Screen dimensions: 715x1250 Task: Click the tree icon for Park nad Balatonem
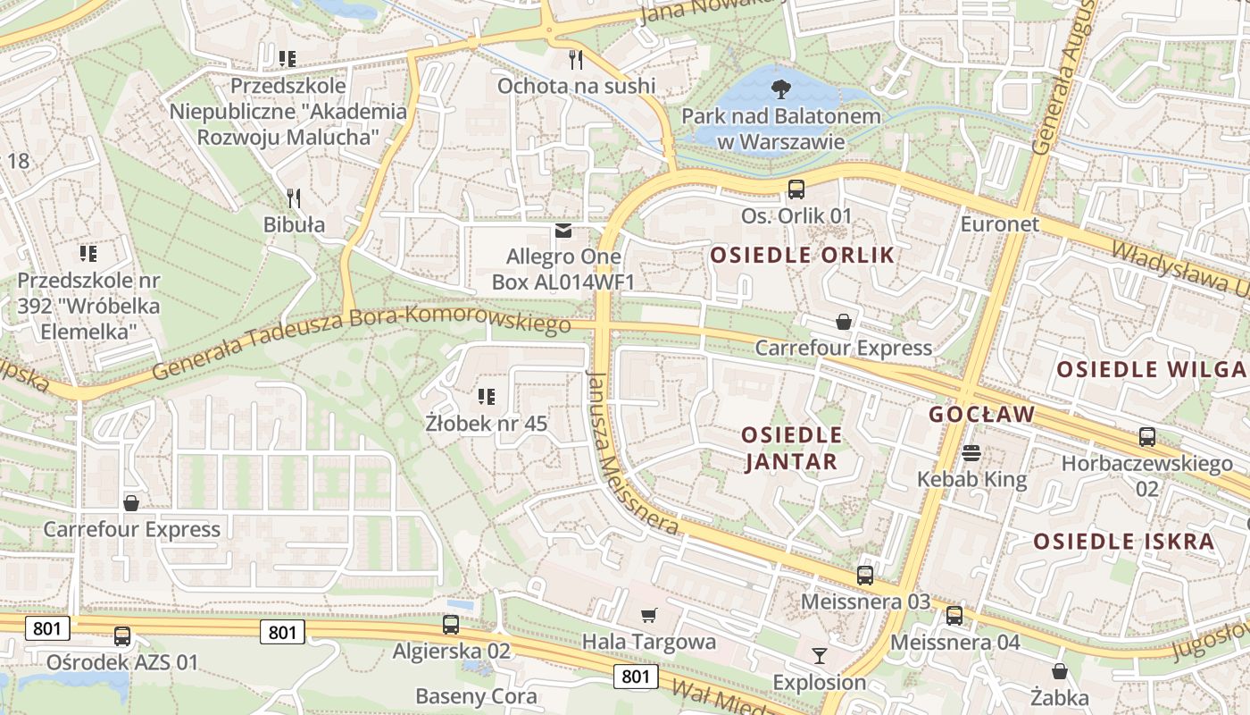coord(781,88)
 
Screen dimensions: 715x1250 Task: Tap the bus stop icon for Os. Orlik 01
coord(796,189)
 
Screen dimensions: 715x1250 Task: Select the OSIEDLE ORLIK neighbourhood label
coord(802,256)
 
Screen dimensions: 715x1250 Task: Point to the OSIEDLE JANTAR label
coord(791,449)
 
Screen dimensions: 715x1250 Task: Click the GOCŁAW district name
coord(981,415)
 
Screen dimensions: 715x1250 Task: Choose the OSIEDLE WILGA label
coord(1150,369)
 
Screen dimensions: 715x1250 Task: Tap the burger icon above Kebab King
coord(971,453)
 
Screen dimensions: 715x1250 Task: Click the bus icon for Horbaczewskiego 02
coord(1147,437)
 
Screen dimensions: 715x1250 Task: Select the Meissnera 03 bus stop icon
coord(864,575)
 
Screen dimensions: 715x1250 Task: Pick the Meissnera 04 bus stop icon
coord(954,615)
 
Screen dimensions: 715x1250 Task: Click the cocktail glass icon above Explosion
coord(819,656)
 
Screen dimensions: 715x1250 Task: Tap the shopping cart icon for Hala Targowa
coord(649,615)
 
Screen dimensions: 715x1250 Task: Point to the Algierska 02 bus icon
coord(451,624)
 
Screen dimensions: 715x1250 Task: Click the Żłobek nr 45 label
coord(487,423)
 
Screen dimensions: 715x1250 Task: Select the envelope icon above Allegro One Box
coord(562,231)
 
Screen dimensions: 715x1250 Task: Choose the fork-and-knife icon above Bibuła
coord(293,198)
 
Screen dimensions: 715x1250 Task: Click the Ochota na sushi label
coord(576,86)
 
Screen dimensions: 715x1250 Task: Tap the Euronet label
coord(1000,223)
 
